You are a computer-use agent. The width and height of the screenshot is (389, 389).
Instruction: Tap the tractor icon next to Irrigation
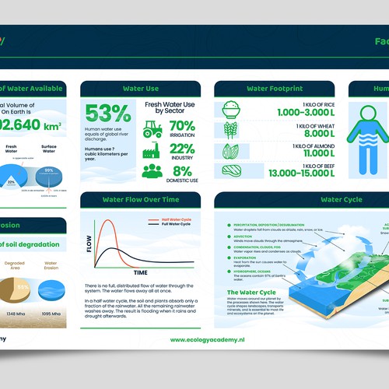pos(153,128)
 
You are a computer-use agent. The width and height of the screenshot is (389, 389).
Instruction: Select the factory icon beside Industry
pos(152,150)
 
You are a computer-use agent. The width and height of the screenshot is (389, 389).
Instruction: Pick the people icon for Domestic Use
pos(152,171)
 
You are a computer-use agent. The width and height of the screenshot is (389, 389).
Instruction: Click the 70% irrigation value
pos(182,125)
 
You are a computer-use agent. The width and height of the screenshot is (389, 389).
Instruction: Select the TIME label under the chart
pos(141,273)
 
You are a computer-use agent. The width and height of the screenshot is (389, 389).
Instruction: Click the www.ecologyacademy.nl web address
pos(214,339)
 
